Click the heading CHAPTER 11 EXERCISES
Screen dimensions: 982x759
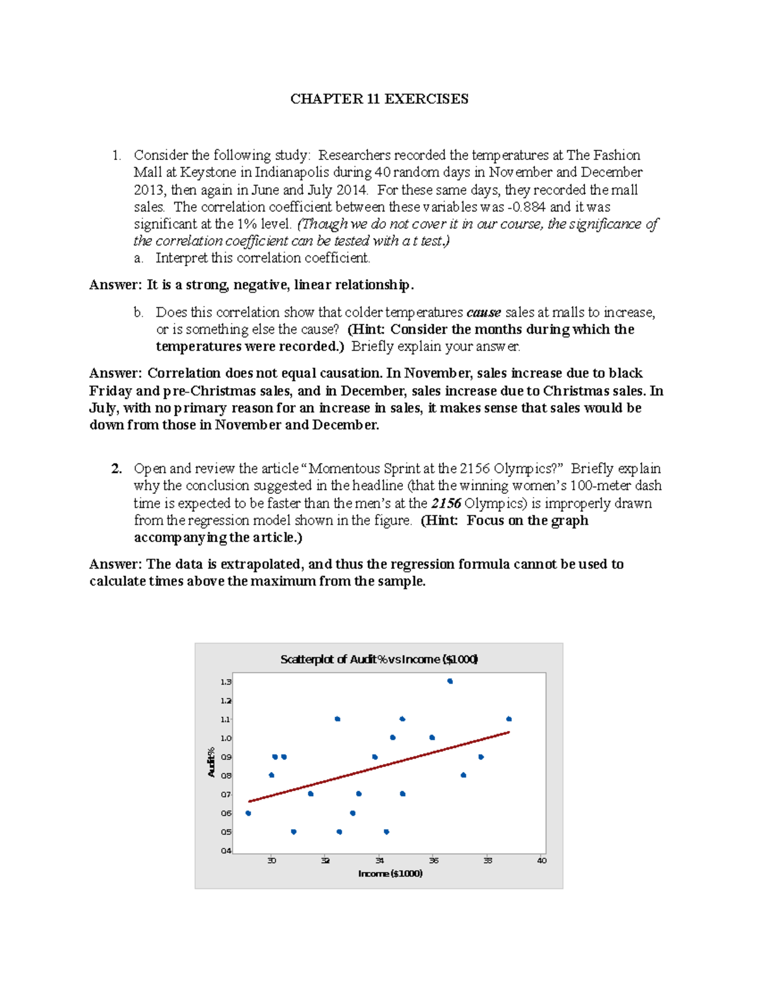(379, 99)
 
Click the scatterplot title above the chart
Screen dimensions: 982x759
(379, 659)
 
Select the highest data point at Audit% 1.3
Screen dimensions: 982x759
(450, 681)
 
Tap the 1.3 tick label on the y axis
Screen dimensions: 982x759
(226, 682)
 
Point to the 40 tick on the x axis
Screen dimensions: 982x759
(541, 860)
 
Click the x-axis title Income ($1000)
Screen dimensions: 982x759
(390, 873)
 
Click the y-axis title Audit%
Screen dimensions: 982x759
(211, 762)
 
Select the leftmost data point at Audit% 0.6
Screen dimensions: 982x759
(248, 813)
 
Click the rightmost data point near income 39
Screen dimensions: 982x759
(509, 719)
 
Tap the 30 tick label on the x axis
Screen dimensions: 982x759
(271, 860)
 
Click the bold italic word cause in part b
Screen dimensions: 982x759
(483, 312)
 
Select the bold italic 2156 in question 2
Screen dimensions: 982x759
(446, 503)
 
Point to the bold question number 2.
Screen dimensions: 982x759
(116, 469)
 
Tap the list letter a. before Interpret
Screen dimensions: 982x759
(139, 258)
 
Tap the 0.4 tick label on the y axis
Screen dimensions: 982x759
(226, 850)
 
